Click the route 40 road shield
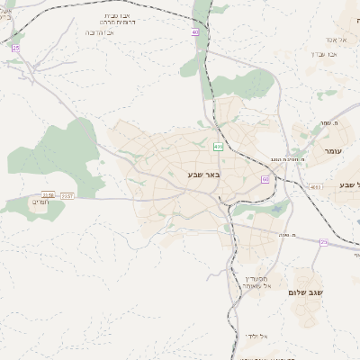(x=194, y=31)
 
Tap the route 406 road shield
(x=218, y=146)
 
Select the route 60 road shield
(x=265, y=179)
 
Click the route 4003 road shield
(x=314, y=186)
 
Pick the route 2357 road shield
(x=67, y=195)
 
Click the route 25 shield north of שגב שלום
(x=323, y=241)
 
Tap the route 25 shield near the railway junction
(x=15, y=47)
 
